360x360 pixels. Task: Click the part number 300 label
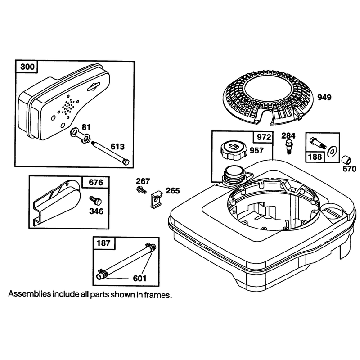coord(27,67)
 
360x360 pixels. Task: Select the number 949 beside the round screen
coord(324,97)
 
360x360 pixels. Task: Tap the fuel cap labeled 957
coord(232,150)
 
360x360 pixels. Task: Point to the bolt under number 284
coord(289,146)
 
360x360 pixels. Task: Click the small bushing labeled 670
coord(346,160)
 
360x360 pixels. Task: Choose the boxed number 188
coord(315,157)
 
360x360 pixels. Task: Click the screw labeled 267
coord(141,190)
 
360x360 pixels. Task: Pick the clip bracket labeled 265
coord(156,199)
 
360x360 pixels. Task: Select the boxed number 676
coord(96,182)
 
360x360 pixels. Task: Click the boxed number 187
coord(103,243)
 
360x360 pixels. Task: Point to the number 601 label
coord(139,278)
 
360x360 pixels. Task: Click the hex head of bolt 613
coord(126,162)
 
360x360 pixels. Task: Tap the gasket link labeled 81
coord(80,136)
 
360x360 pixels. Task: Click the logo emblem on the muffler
coord(94,86)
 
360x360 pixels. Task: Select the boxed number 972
coord(264,137)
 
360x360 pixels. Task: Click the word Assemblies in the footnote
coord(29,294)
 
